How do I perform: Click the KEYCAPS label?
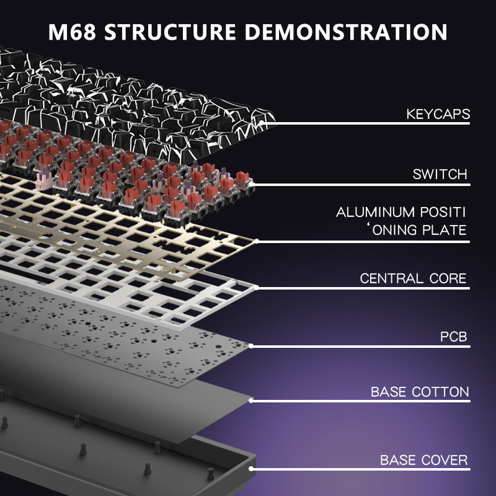tap(438, 114)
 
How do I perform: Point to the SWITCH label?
tap(440, 174)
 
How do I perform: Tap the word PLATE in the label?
tap(441, 231)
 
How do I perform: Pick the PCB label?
tap(454, 338)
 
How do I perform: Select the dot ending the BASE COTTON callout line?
tap(251, 401)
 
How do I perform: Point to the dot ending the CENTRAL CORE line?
tap(255, 287)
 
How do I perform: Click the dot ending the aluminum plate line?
tap(256, 241)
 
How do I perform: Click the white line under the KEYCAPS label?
tap(372, 123)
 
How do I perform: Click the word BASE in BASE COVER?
tap(397, 460)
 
